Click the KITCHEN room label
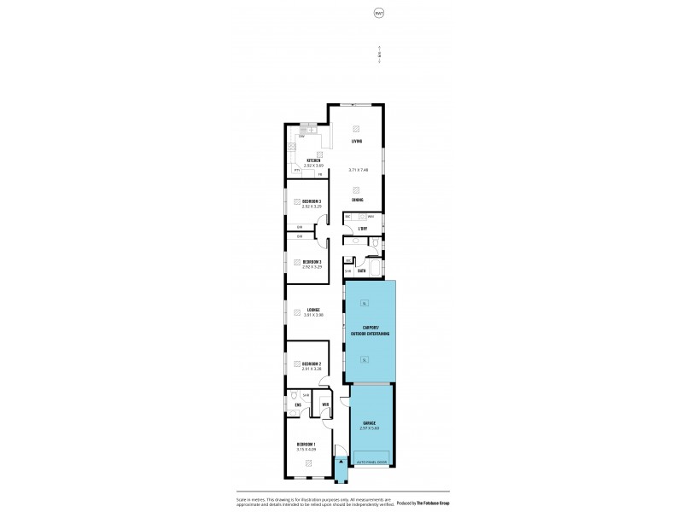click(x=314, y=160)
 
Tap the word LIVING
click(x=357, y=141)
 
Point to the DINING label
click(x=357, y=201)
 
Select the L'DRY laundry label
click(x=363, y=229)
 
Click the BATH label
click(x=362, y=271)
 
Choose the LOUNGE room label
click(x=313, y=310)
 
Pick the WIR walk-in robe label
click(x=325, y=404)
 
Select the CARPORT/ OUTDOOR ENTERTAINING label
click(x=371, y=331)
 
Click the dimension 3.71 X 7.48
click(x=359, y=171)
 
